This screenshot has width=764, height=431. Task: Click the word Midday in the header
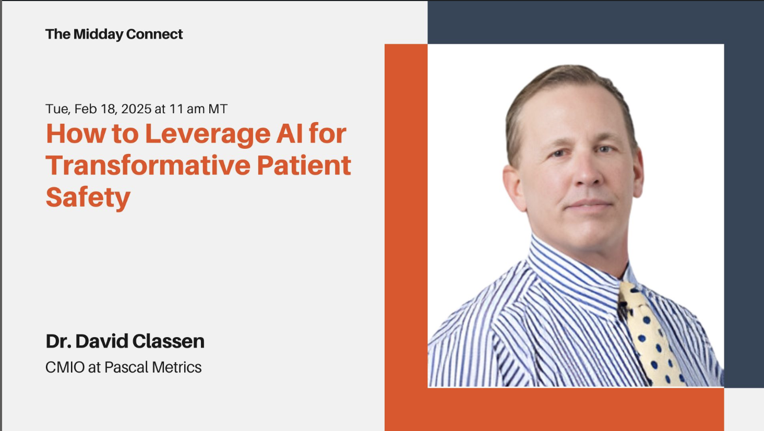[x=98, y=34]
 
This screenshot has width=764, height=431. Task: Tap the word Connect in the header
[x=154, y=34]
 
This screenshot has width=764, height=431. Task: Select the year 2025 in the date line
[x=136, y=109]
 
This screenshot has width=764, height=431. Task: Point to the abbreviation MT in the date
[x=218, y=109]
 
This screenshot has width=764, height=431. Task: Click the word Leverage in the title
[x=208, y=134]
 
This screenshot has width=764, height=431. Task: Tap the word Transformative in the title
[x=148, y=165]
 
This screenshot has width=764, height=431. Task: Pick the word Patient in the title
[x=304, y=165]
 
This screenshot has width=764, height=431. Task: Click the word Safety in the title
[x=88, y=198]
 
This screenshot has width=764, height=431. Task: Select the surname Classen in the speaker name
[x=168, y=341]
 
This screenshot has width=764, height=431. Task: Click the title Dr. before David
[x=58, y=341]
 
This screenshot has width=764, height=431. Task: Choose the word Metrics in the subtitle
[x=177, y=367]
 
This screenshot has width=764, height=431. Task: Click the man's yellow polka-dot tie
[x=651, y=334]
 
